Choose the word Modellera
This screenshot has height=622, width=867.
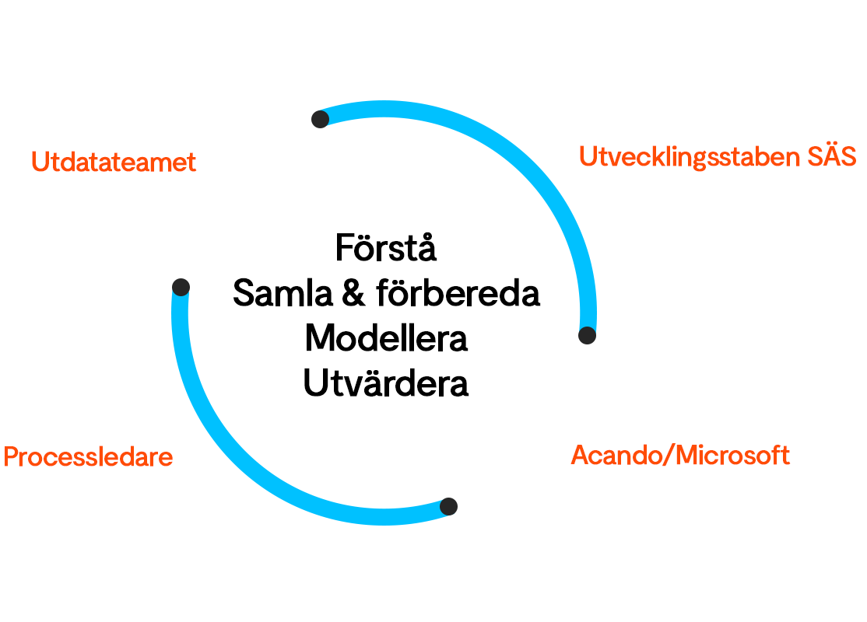click(386, 339)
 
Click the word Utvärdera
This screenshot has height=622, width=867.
click(386, 383)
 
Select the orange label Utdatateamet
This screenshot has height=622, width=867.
click(114, 162)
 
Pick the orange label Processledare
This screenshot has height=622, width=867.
click(88, 456)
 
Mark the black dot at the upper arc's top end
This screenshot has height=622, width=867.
click(320, 119)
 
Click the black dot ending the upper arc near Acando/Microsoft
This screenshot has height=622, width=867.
click(588, 335)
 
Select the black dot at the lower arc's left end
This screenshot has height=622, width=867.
click(181, 287)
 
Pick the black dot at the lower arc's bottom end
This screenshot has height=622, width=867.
click(448, 507)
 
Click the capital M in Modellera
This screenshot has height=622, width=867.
click(319, 339)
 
